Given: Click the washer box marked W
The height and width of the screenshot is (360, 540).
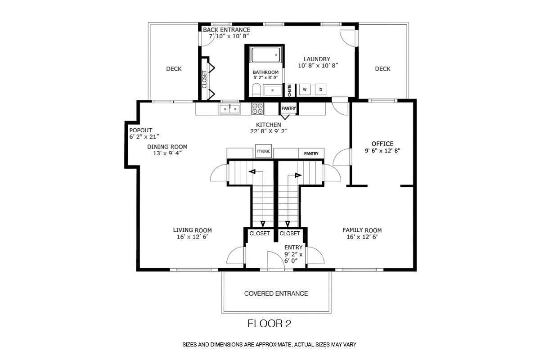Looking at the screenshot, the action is (x=305, y=90).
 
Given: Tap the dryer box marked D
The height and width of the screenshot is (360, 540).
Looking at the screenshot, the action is (x=320, y=90).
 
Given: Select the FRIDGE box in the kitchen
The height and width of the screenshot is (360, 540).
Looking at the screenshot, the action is (x=264, y=151).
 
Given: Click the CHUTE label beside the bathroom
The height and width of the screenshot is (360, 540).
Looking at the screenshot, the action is (x=289, y=90).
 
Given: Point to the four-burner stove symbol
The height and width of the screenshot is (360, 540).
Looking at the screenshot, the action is (x=257, y=109).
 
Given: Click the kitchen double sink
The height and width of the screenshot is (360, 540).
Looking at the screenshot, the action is (x=229, y=109).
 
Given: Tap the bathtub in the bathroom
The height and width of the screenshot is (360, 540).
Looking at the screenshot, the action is (x=265, y=55).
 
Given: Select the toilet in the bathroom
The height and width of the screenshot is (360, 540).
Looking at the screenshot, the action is (x=256, y=90).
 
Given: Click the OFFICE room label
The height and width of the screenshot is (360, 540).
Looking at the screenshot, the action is (x=382, y=144).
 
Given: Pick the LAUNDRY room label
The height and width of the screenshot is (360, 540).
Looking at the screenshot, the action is (x=317, y=59).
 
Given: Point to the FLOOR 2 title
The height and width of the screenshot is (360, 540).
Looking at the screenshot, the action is (x=269, y=324).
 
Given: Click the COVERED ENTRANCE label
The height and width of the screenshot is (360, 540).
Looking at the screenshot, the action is (x=276, y=293).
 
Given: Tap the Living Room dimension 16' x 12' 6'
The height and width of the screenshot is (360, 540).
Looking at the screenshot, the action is (x=193, y=237).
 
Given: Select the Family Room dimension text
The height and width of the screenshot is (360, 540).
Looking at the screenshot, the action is (x=362, y=237).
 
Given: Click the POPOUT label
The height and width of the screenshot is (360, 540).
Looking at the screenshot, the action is (x=140, y=130).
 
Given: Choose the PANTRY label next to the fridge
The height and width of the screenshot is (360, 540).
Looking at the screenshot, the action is (x=311, y=153).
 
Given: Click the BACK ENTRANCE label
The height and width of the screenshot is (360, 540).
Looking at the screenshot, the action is (x=226, y=30).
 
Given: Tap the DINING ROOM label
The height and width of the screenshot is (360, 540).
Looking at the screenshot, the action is (x=167, y=147).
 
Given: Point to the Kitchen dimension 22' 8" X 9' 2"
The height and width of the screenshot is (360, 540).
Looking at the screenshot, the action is (x=269, y=131).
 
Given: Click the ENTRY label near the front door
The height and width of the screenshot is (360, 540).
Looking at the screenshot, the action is (x=293, y=247).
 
